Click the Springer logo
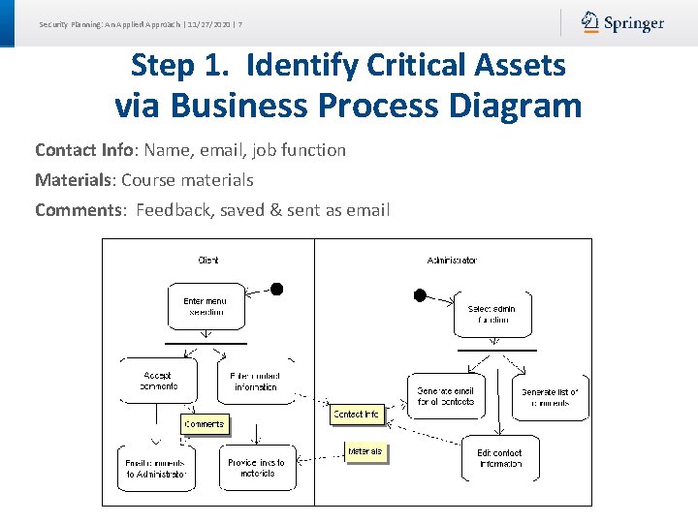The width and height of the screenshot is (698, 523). (x=622, y=22)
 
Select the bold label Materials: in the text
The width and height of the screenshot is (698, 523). (x=75, y=180)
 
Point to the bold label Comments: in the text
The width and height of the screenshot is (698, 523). (x=80, y=210)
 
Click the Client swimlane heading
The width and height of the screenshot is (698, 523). (x=208, y=260)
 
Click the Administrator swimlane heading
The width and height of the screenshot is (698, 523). (x=452, y=260)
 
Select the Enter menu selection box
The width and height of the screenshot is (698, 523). (x=206, y=306)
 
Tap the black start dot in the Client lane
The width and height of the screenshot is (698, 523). (x=276, y=289)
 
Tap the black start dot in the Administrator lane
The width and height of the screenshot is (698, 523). (x=420, y=295)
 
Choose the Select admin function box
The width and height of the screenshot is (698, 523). (x=492, y=314)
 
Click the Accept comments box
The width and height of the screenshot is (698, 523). (x=158, y=381)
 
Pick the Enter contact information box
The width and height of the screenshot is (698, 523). (x=256, y=381)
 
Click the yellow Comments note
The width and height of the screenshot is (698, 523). (x=204, y=424)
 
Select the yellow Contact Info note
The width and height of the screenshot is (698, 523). (x=356, y=415)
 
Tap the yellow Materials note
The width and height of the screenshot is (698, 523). (x=365, y=451)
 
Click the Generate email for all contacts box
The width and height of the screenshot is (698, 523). (x=446, y=396)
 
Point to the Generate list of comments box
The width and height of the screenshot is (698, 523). (x=550, y=397)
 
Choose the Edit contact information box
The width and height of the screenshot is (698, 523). (x=500, y=458)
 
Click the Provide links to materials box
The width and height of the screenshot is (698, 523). (x=256, y=468)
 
